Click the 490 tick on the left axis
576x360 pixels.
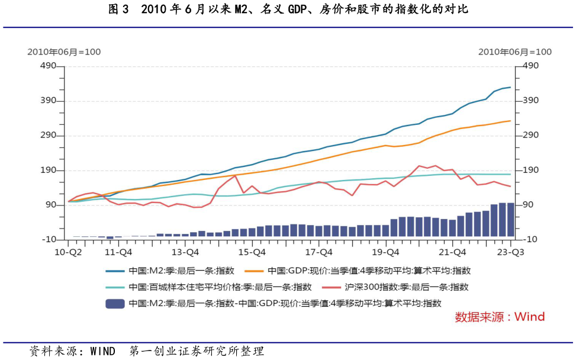click(x=47, y=66)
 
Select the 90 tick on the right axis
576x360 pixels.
click(x=527, y=205)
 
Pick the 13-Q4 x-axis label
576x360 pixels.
click(x=185, y=252)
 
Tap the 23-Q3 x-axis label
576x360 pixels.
click(x=510, y=252)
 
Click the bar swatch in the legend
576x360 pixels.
click(x=115, y=304)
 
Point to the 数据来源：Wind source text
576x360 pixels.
click(x=500, y=317)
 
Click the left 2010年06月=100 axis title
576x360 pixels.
click(x=64, y=52)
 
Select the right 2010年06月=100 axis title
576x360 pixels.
click(x=515, y=52)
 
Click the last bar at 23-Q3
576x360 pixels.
click(x=510, y=221)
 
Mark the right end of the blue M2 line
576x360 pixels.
click(x=510, y=87)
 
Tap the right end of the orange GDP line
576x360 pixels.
click(x=510, y=121)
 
